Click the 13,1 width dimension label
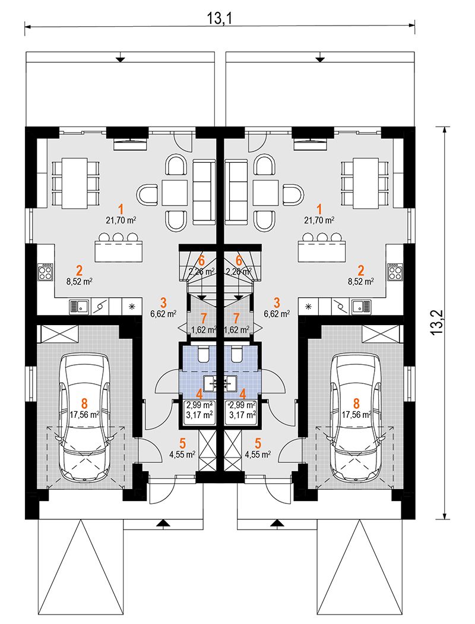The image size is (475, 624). point(220,17)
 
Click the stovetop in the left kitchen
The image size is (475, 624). point(45,272)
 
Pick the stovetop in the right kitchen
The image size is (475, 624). point(395,272)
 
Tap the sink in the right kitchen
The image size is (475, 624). point(362,306)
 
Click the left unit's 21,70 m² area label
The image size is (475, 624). point(121,220)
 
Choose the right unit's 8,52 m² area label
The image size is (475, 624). point(361,282)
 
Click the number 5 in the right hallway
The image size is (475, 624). point(258,443)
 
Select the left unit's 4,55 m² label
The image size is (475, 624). point(182,455)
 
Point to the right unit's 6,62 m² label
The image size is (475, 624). point(277,314)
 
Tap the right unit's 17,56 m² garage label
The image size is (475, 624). point(357,415)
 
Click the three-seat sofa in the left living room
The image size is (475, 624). point(204,192)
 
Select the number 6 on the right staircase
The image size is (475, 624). point(239,261)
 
